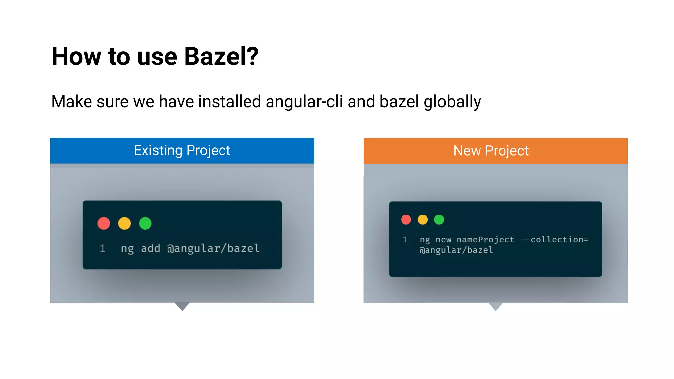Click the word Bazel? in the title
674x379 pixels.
coord(221,57)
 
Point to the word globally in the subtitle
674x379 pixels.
coord(452,102)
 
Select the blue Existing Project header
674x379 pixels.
coord(182,150)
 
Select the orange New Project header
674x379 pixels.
coord(495,151)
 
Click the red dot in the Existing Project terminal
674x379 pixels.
coord(104,223)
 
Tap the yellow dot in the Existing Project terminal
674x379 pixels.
coord(124,223)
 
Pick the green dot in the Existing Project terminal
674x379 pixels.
coord(145,223)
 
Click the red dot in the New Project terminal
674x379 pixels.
coord(406,219)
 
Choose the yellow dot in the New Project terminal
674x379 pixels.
coord(423,219)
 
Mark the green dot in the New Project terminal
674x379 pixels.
coord(439,219)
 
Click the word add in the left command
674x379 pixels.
coord(150,248)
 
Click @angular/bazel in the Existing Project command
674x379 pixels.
coord(213,248)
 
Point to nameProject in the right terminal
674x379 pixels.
coord(485,240)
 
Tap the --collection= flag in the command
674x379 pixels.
coord(554,240)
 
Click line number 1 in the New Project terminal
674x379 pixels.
coord(405,240)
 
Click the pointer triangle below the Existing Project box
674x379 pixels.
coord(182,306)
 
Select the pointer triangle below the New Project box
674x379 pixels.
coord(495,306)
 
